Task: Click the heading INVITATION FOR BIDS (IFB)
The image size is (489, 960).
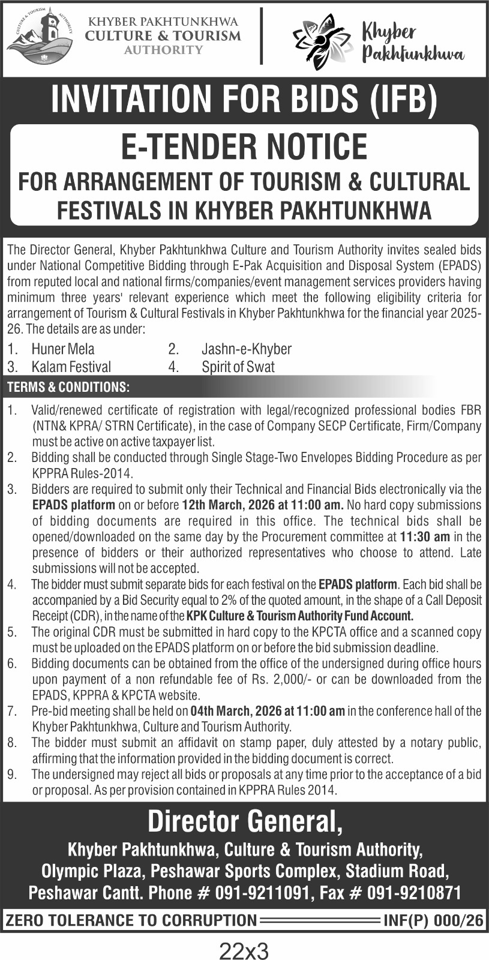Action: coord(244,99)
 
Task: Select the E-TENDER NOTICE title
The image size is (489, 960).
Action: coord(244,146)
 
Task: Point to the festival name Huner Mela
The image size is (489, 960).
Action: coord(63,349)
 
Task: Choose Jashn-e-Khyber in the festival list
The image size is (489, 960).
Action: coord(247,349)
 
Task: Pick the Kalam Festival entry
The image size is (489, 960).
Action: coord(71,367)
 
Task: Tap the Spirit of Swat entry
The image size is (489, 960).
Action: coord(238,367)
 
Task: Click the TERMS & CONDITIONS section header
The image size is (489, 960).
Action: coord(68,387)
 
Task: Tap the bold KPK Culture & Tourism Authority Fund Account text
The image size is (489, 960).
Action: coord(300,616)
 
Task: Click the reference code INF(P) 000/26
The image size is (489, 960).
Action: coord(433,920)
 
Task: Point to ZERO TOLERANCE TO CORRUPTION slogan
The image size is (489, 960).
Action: coord(131,920)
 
